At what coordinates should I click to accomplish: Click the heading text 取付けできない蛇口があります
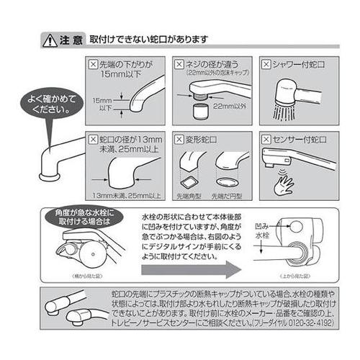[x=148, y=40]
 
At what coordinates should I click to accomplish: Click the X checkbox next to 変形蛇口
[x=176, y=138]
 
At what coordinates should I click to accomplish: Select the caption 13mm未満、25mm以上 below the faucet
[x=126, y=196]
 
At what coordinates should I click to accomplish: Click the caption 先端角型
[x=191, y=196]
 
